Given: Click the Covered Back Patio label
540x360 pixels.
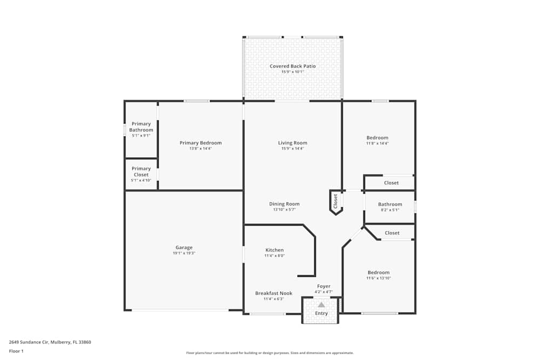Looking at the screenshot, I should click(x=293, y=66).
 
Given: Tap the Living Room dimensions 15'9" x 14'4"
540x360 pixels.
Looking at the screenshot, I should click(x=292, y=148).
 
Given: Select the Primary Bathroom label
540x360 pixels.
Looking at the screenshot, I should click(x=141, y=127).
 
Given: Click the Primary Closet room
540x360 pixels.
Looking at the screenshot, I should click(x=141, y=174).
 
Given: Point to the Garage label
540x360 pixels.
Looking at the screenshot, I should click(x=184, y=248).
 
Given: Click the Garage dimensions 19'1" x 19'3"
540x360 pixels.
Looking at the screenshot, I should click(x=184, y=253).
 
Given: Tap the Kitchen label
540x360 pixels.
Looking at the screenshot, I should click(x=274, y=250).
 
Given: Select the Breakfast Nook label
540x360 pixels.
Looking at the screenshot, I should click(x=274, y=293).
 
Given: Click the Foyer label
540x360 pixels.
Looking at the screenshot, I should click(x=323, y=286).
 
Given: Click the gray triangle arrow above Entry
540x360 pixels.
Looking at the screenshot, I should click(x=321, y=304).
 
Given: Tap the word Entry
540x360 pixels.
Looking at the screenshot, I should click(x=321, y=313).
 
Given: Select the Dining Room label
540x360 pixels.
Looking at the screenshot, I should click(x=285, y=204).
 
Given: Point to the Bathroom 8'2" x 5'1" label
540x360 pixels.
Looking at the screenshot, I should click(x=390, y=204).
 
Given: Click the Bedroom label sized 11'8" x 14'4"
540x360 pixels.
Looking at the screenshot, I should click(x=377, y=138).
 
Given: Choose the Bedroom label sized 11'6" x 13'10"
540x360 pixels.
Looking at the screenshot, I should click(x=379, y=273).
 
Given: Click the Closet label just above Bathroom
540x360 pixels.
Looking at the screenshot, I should click(x=391, y=183).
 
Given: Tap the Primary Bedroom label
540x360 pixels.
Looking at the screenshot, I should click(x=200, y=143).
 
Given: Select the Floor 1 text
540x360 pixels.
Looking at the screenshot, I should click(x=16, y=351).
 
